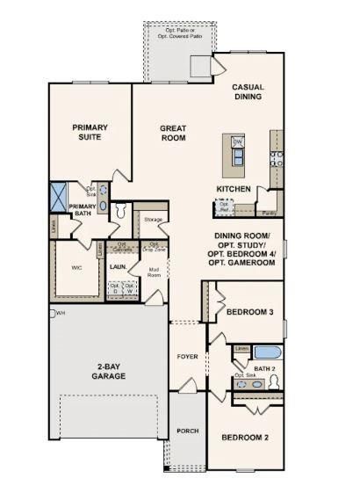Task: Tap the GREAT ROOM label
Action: [x=173, y=133]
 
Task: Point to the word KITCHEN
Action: [x=234, y=189]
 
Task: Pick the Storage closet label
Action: [x=153, y=218]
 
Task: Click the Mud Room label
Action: [x=154, y=272]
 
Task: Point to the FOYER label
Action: [x=187, y=357]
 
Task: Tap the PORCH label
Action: [x=186, y=431]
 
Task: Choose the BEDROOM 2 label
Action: [x=245, y=437]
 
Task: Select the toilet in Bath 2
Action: [x=274, y=381]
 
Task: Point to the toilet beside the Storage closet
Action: [x=121, y=211]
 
